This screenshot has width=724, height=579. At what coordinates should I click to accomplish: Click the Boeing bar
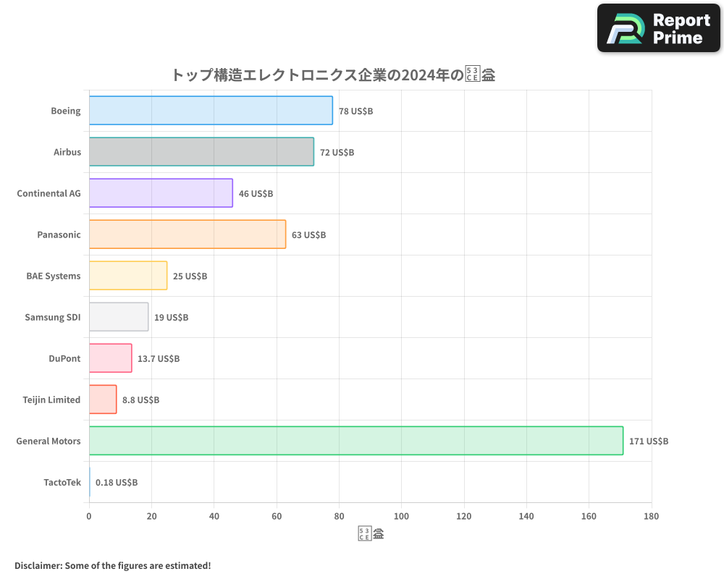[211, 111]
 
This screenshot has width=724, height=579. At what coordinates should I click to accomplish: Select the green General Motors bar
[355, 441]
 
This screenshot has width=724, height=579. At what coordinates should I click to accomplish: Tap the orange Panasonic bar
[187, 234]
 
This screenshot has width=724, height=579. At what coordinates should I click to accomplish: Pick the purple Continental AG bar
[161, 193]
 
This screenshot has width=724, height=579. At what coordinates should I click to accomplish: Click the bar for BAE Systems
[128, 276]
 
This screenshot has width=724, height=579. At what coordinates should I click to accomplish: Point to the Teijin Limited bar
[103, 400]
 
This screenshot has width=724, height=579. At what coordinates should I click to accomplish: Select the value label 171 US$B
[649, 441]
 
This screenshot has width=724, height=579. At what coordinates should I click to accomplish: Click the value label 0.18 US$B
[117, 483]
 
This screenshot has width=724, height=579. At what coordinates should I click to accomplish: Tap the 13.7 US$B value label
[159, 359]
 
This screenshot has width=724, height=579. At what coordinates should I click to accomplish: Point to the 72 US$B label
[337, 153]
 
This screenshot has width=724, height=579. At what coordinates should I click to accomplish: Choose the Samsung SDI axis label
[53, 317]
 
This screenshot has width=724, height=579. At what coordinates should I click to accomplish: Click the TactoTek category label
[62, 482]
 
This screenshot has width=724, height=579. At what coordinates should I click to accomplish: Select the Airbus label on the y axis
[67, 152]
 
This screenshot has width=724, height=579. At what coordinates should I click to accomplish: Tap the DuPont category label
[65, 358]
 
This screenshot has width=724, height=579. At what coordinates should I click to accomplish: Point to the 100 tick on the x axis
[401, 516]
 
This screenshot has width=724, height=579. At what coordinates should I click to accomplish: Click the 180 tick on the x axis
[651, 516]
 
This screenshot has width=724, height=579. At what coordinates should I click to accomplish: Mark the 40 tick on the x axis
[214, 516]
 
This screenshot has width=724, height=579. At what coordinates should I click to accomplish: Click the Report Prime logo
[658, 28]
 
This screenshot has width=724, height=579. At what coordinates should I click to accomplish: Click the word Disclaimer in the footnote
[37, 565]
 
